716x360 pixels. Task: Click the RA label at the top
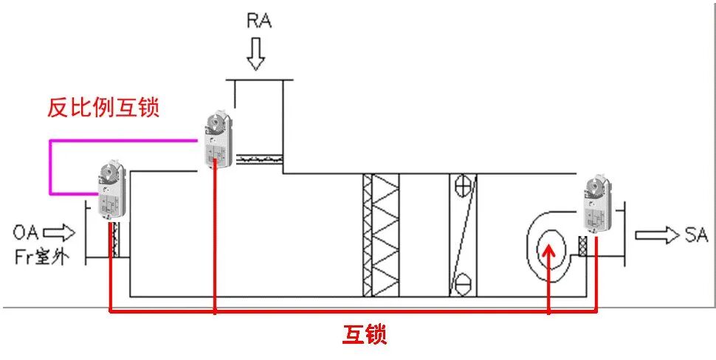coord(258,20)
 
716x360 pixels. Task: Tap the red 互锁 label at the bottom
coord(365,335)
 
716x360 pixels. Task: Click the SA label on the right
coord(695,235)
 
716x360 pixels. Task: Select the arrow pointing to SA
coord(655,235)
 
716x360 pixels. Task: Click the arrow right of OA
coord(64,234)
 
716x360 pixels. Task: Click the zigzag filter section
coord(380,235)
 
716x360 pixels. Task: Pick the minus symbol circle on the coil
coord(463,281)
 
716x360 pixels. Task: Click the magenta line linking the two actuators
coord(50,166)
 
